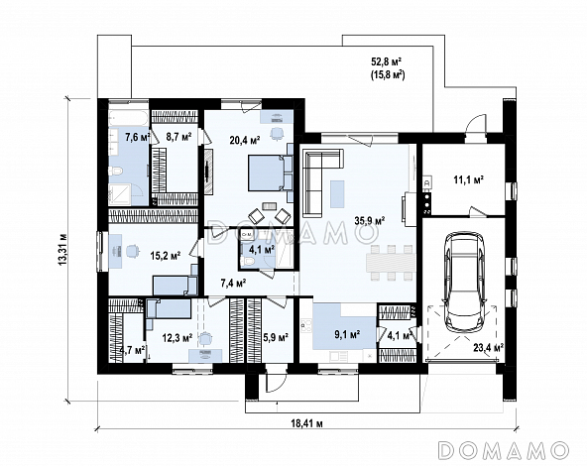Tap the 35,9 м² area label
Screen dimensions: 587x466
[370, 221]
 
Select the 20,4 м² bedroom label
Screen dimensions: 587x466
[245, 141]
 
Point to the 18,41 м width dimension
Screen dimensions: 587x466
[307, 423]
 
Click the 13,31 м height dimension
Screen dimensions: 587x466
[63, 250]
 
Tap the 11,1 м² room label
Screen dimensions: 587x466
[468, 180]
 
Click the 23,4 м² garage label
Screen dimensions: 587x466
[488, 348]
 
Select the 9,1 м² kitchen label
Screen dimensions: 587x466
[347, 333]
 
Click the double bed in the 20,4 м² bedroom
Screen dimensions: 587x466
[267, 173]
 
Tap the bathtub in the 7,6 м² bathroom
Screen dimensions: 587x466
[128, 118]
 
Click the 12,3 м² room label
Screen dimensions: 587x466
[177, 338]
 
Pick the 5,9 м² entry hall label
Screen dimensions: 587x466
[276, 338]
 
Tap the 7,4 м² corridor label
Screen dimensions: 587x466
[233, 283]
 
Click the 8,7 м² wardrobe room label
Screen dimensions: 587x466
[178, 137]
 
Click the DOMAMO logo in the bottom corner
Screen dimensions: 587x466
[504, 449]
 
